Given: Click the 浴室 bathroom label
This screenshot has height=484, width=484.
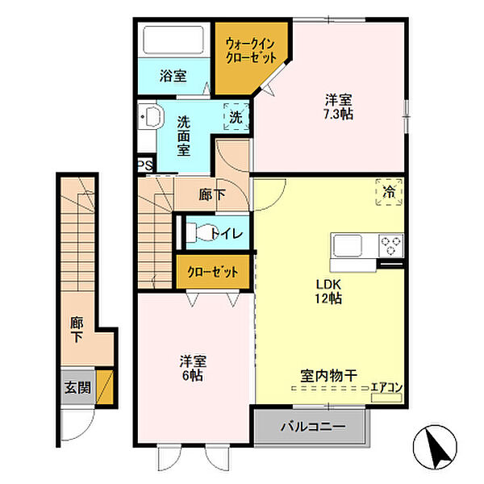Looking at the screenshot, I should click(173, 77).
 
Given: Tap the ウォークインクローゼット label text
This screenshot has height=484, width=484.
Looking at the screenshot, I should click(252, 51).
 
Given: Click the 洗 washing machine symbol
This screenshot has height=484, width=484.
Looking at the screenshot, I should click(235, 116).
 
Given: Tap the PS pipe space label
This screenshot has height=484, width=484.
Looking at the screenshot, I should click(144, 165).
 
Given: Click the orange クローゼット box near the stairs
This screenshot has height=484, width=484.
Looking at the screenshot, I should click(212, 272).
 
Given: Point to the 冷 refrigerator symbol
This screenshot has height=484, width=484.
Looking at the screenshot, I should click(389, 193).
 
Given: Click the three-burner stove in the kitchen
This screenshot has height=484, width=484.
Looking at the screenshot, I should click(391, 244).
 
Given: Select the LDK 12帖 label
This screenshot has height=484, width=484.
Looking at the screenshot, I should click(327, 290).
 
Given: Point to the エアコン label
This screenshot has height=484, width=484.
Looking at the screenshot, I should click(386, 388).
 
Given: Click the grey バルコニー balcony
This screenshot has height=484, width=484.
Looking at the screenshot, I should click(313, 426).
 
